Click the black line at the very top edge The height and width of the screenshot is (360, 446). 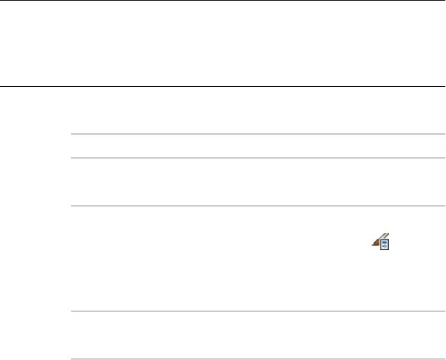222,1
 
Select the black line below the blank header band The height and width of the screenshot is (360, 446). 222,86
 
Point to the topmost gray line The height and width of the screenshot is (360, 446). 257,134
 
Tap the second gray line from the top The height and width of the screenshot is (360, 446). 257,158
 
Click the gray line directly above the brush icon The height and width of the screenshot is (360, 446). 257,206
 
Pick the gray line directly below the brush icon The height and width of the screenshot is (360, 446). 257,311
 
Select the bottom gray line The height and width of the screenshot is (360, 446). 257,359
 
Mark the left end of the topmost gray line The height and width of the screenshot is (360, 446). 73,134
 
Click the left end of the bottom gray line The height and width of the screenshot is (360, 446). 73,359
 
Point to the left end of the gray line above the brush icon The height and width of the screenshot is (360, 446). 73,206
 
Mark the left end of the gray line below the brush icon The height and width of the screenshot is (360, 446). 73,311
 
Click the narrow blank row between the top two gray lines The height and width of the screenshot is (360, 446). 257,146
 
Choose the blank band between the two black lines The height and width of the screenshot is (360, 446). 222,43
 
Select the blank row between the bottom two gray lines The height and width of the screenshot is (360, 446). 257,335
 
